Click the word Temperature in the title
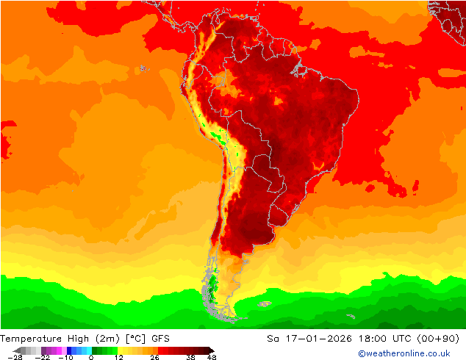click(x=31, y=339)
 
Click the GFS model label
click(x=162, y=339)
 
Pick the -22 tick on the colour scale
click(x=44, y=357)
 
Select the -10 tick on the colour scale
click(x=66, y=357)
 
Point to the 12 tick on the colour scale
click(x=118, y=357)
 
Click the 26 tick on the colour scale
click(x=154, y=357)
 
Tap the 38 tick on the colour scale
click(x=190, y=357)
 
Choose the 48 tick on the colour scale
click(x=212, y=357)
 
